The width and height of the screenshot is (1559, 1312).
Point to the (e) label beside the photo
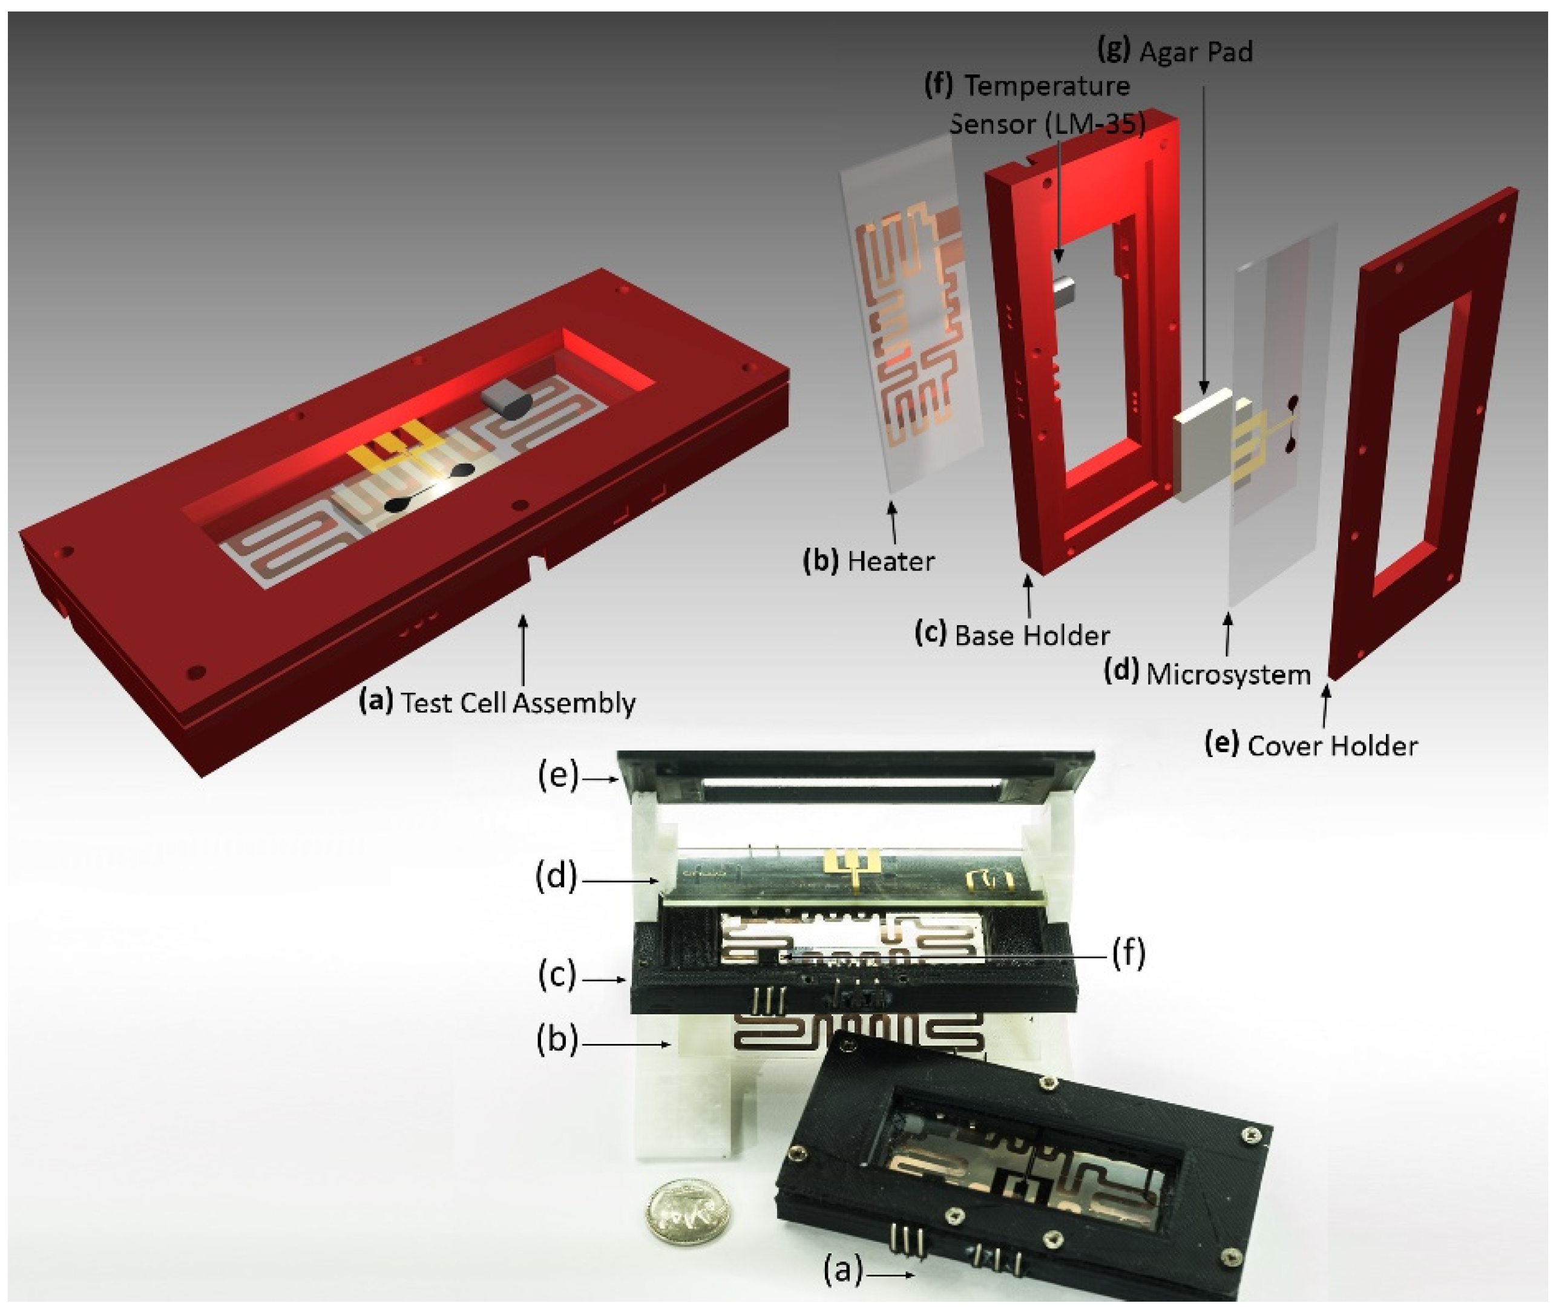pos(558,776)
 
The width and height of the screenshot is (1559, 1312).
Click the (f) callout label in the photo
pos(1128,954)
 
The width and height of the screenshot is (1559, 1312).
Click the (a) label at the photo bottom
pos(842,1270)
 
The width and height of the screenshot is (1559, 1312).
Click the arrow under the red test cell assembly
pos(523,651)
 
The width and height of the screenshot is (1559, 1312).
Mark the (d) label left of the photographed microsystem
pos(556,878)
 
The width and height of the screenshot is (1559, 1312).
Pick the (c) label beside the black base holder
pos(557,976)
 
